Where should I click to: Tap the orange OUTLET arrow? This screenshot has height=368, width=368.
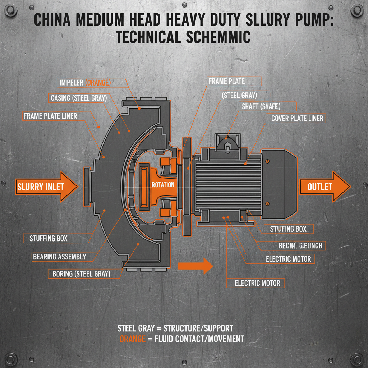pyautogui.click(x=323, y=187)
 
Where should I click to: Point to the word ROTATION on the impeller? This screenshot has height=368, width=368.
pyautogui.click(x=163, y=185)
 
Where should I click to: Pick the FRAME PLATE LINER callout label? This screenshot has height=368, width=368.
pyautogui.click(x=50, y=116)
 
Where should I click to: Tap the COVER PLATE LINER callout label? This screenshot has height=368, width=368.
pyautogui.click(x=297, y=118)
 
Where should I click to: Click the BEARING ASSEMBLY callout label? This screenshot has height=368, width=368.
pyautogui.click(x=60, y=257)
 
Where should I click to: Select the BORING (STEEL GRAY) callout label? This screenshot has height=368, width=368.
pyautogui.click(x=81, y=273)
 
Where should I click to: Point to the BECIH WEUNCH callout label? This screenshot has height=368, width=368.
pyautogui.click(x=300, y=245)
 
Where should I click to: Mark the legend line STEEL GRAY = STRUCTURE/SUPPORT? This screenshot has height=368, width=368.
pyautogui.click(x=175, y=328)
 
